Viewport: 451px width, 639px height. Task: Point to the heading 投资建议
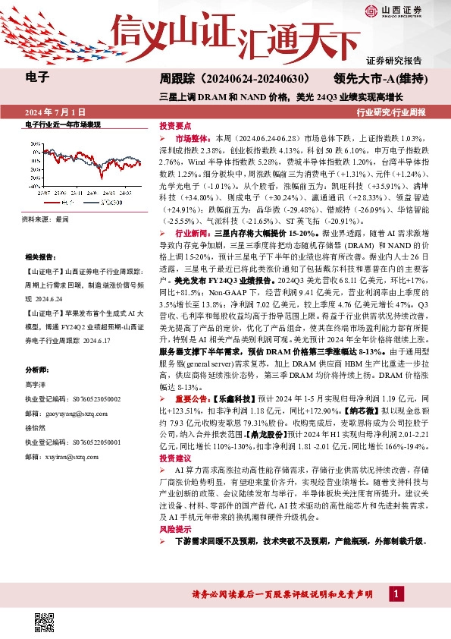click(174, 459)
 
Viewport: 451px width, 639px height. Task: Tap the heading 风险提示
click(174, 529)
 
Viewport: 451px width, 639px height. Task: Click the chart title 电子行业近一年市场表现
click(62, 124)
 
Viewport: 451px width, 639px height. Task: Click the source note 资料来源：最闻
click(45, 219)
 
